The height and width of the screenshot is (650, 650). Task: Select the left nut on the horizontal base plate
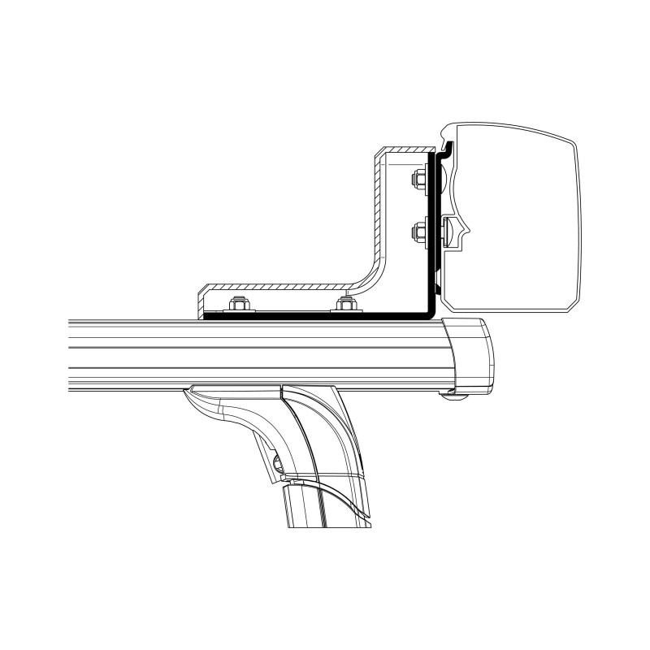[x=239, y=305]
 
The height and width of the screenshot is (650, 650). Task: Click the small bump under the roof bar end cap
[x=447, y=395]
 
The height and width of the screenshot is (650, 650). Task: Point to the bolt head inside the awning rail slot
[x=448, y=233]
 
